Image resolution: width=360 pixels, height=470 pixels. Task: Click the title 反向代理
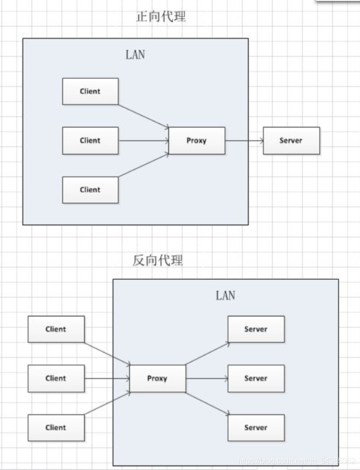click(x=158, y=261)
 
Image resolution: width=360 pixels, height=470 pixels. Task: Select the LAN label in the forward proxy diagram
click(x=135, y=54)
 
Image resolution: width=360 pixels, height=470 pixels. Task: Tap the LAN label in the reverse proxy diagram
click(x=225, y=295)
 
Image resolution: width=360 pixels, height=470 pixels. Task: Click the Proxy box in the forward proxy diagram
click(x=196, y=141)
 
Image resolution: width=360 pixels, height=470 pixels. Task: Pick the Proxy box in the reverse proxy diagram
click(x=157, y=379)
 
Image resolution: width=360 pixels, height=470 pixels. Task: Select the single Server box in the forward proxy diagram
click(x=291, y=141)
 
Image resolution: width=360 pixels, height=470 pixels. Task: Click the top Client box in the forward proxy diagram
click(x=90, y=91)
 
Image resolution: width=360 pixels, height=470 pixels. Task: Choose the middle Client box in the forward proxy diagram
click(x=90, y=141)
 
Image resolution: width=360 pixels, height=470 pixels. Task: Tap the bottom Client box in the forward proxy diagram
click(x=90, y=190)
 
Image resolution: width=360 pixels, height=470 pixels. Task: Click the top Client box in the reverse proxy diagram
click(x=56, y=329)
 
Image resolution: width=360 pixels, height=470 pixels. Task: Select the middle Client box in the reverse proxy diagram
click(x=56, y=379)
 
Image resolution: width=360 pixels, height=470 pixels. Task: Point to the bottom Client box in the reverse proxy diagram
click(x=56, y=428)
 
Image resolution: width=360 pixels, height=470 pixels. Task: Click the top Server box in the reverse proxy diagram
click(x=256, y=329)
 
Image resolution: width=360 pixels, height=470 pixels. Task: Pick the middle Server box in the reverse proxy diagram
click(x=256, y=379)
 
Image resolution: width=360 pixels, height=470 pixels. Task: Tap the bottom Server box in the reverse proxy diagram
click(x=256, y=428)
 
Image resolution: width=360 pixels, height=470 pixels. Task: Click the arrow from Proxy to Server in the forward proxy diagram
click(x=244, y=141)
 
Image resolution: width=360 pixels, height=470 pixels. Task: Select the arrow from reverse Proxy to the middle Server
click(x=206, y=379)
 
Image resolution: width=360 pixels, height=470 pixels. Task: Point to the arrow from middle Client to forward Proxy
click(x=143, y=141)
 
